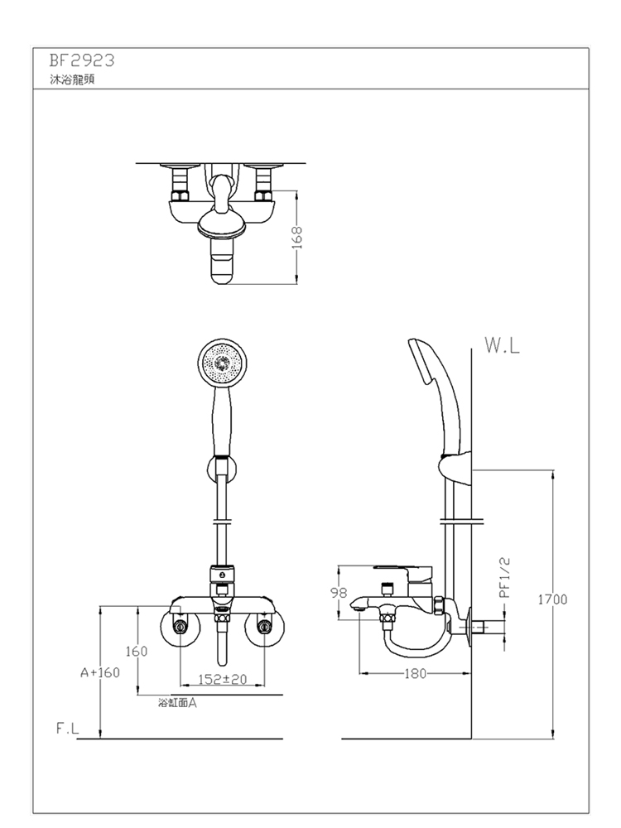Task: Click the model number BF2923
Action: click(x=82, y=60)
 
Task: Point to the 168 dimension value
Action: click(x=297, y=237)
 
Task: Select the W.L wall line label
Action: click(x=503, y=345)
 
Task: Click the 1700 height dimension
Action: click(x=553, y=599)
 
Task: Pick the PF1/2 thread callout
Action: click(x=505, y=578)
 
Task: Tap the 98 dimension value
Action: click(x=339, y=593)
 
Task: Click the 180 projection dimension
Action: click(x=415, y=673)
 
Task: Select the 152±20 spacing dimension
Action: click(x=222, y=679)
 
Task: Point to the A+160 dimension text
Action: click(x=100, y=672)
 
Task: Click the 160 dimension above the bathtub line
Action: click(x=137, y=651)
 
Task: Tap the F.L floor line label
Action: click(x=68, y=729)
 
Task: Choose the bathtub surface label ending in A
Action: click(x=177, y=703)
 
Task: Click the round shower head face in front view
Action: click(x=222, y=363)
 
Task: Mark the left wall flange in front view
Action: click(x=180, y=627)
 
